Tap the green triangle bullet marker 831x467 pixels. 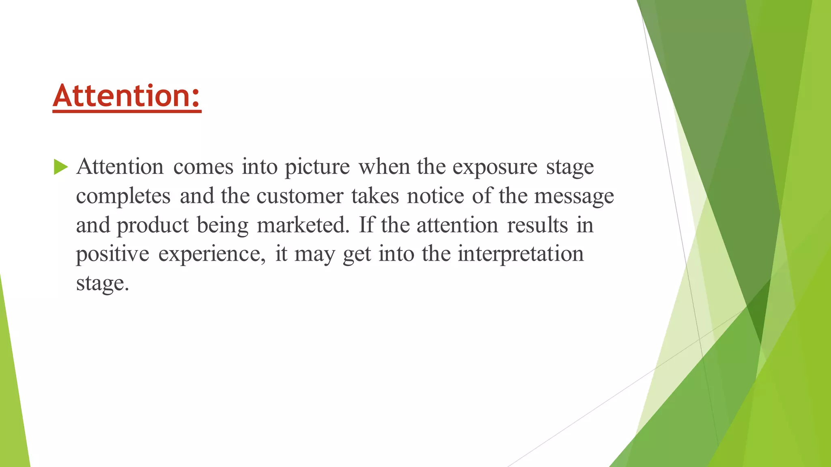60,167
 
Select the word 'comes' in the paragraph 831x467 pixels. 203,167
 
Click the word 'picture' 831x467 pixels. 317,167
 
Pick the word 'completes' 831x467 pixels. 123,197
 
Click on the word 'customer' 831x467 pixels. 300,197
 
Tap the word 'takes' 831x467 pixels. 375,197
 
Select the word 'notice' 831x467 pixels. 435,197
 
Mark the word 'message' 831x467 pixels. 574,197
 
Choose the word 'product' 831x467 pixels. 153,225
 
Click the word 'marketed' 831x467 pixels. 303,225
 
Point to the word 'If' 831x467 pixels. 366,225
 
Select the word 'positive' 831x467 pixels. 112,255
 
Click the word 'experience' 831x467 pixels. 211,255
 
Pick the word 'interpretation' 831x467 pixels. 521,255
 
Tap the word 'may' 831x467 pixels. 314,255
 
